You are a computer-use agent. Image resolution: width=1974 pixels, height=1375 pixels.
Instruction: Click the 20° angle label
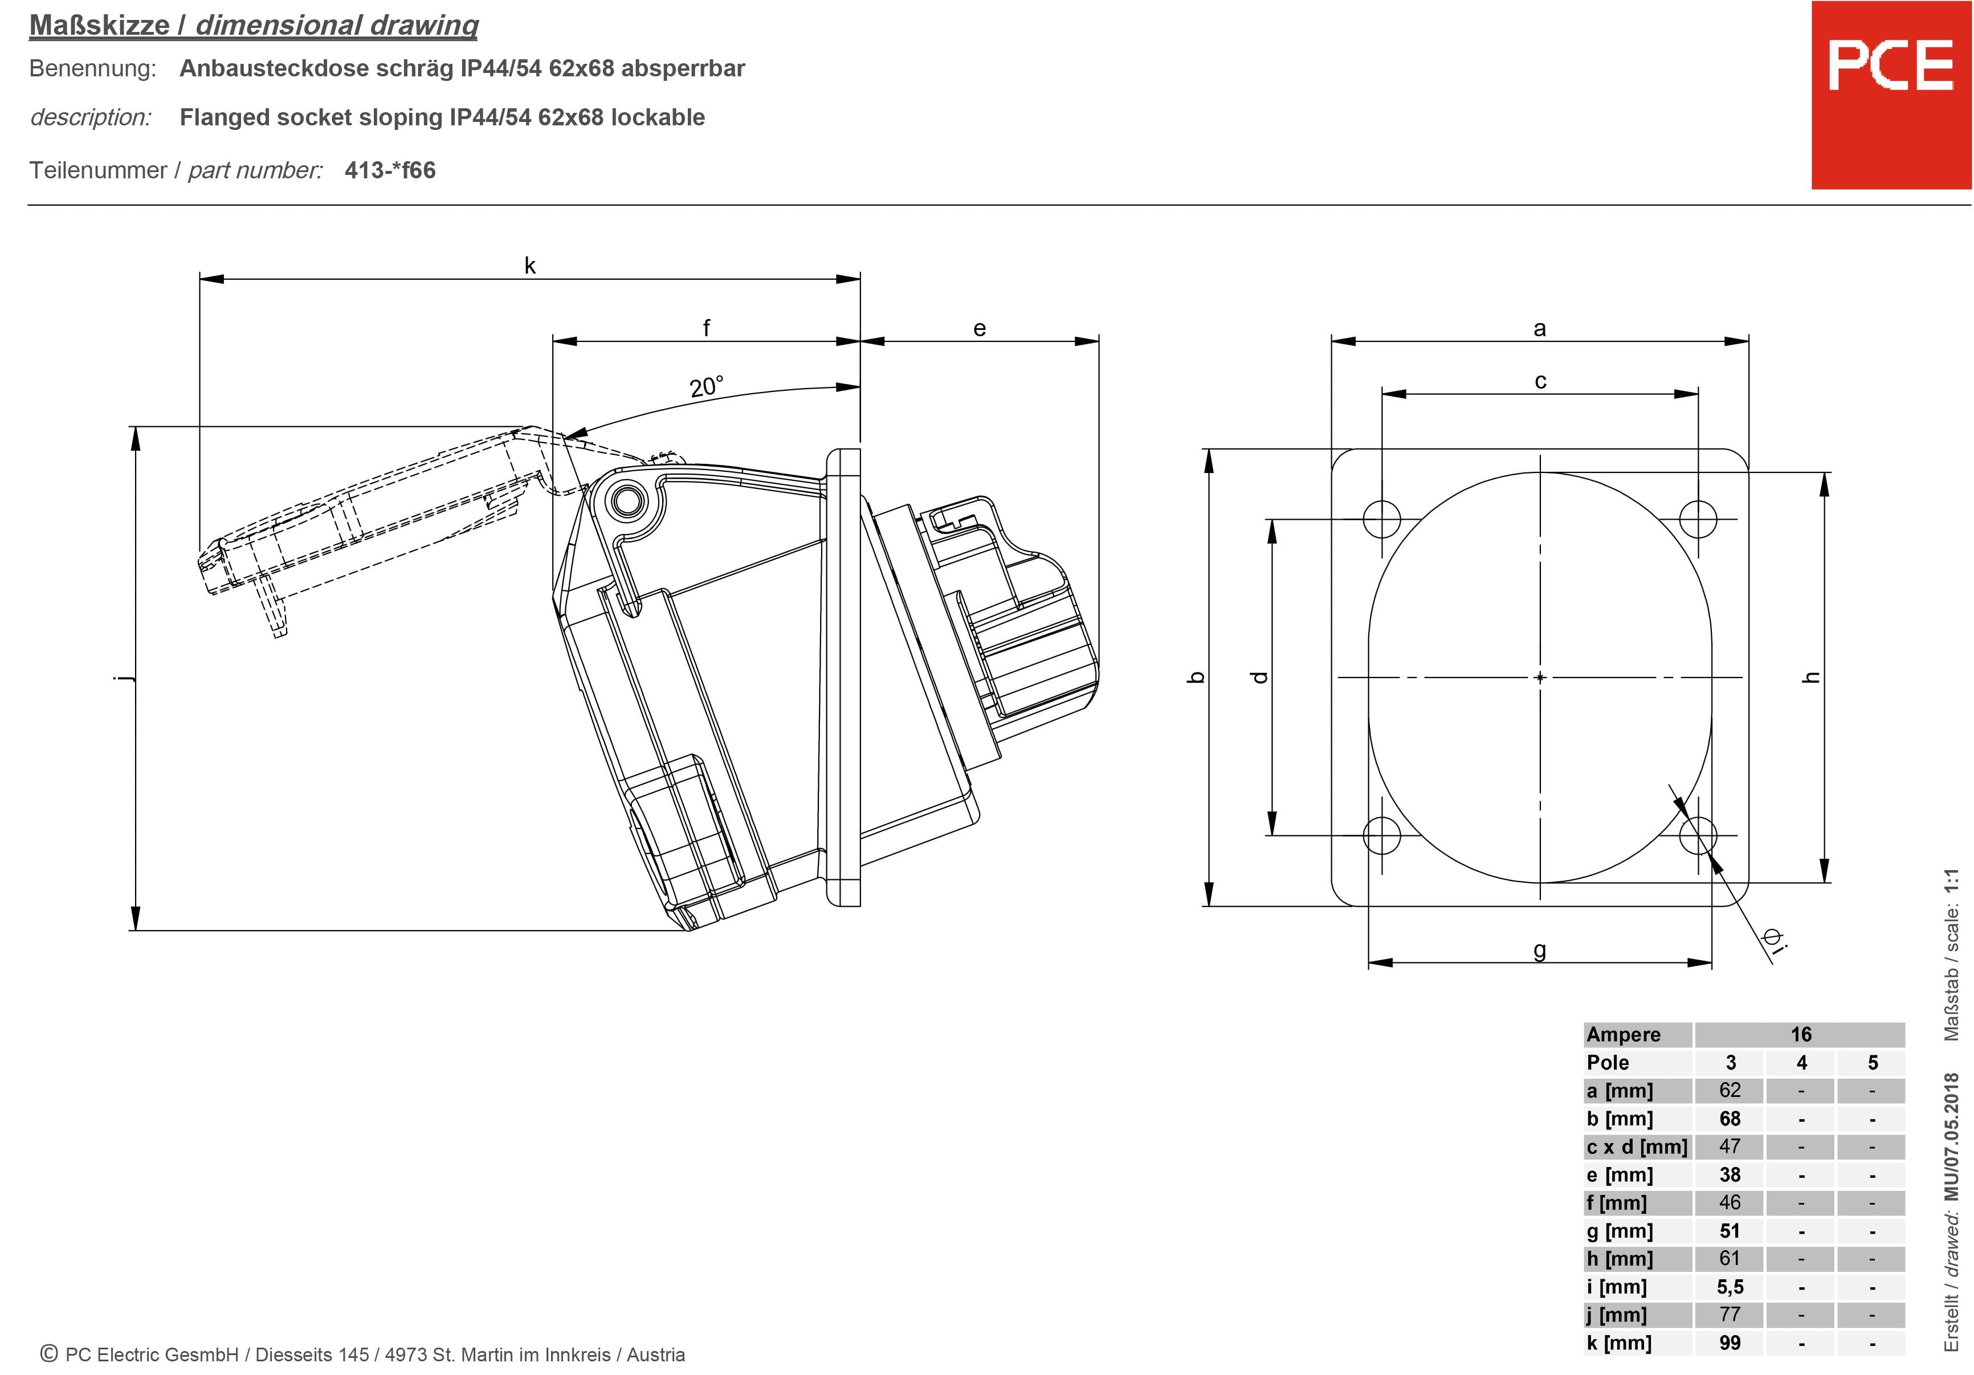click(x=706, y=386)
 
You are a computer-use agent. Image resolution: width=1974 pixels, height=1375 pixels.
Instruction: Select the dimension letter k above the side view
click(x=529, y=266)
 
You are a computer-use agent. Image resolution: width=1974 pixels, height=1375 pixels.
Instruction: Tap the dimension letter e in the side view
click(x=979, y=328)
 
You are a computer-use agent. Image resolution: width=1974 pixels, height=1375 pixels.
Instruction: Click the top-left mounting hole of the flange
click(x=1381, y=519)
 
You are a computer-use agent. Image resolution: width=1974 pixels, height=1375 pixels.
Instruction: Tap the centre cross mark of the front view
click(x=1540, y=678)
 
